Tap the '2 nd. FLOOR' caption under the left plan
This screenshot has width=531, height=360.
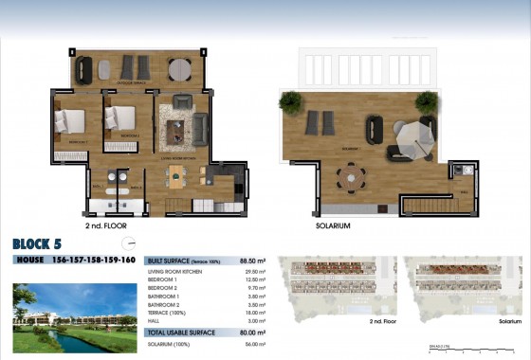pyautogui.click(x=106, y=227)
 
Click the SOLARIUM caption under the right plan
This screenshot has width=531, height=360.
pyautogui.click(x=333, y=227)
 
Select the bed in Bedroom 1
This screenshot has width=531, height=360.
pyautogui.click(x=70, y=120)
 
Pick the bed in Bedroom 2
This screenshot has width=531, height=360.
pyautogui.click(x=122, y=117)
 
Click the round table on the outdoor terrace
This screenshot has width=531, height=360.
pyautogui.click(x=180, y=68)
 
